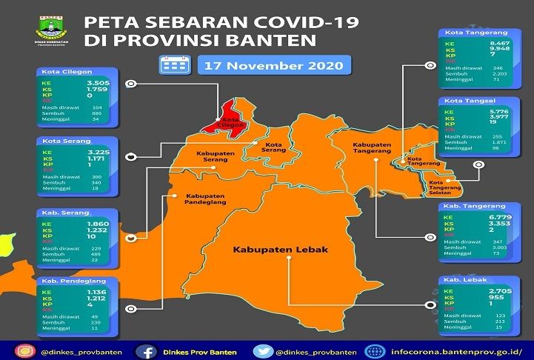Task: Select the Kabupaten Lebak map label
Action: [x=280, y=250]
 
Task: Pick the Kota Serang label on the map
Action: [x=275, y=147]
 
